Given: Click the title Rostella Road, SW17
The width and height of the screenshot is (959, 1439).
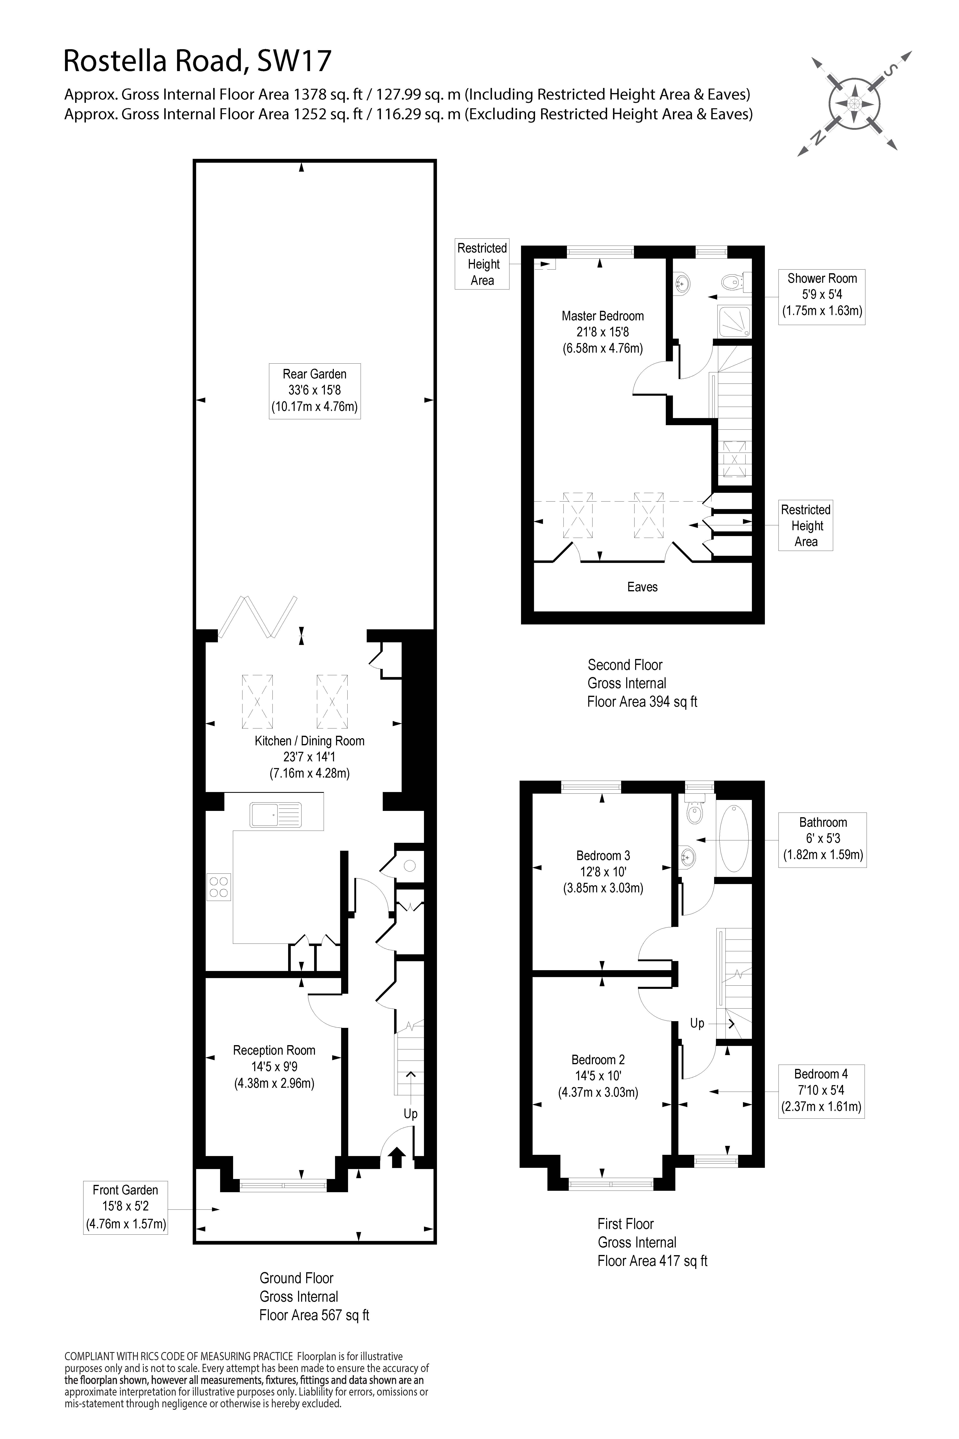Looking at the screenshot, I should (x=198, y=62).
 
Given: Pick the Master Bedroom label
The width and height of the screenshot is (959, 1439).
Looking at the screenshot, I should (x=602, y=332).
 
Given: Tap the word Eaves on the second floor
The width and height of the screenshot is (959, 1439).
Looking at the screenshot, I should (x=642, y=587).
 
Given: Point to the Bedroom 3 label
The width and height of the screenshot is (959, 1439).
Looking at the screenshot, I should (x=603, y=872).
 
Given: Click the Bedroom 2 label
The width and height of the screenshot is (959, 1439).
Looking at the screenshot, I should (x=598, y=1076).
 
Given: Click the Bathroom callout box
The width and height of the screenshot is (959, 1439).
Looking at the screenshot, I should (x=823, y=839).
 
